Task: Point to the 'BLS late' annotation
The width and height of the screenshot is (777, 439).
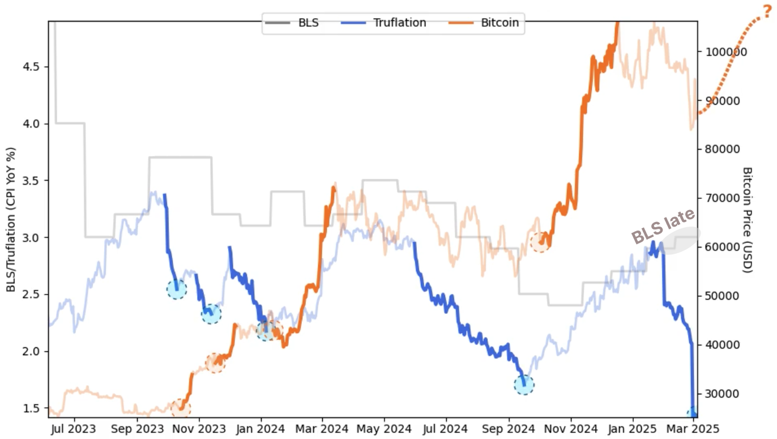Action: pos(663,227)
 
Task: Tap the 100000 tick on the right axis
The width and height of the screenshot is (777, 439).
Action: pos(725,52)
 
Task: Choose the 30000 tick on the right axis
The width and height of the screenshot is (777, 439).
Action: pos(722,394)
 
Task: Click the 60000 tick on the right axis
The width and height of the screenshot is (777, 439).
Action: pos(722,247)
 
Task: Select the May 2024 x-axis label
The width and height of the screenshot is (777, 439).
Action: pos(385,429)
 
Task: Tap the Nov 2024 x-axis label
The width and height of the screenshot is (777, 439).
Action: pos(571,429)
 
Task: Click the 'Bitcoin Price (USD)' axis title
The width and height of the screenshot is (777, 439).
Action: pos(747,220)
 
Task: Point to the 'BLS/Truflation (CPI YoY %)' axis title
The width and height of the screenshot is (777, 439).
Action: pos(11,220)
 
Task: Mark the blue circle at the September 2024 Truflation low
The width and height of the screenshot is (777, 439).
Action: pos(524,385)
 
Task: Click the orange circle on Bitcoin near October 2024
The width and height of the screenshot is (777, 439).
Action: pos(541,242)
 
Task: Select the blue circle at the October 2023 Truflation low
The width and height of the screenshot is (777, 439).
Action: pos(177,289)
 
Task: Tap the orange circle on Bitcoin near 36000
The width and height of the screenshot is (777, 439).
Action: pos(215,363)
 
